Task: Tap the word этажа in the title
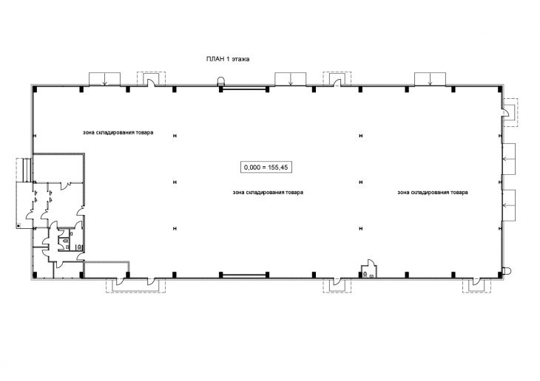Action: point(240,59)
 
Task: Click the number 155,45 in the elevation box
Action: point(277,168)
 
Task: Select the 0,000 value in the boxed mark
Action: point(252,168)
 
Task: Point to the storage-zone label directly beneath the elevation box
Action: point(268,192)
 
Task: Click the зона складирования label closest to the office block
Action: point(118,132)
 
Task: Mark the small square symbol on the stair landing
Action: point(18,226)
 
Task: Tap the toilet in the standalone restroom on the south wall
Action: point(365,274)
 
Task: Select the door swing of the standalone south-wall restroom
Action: point(371,263)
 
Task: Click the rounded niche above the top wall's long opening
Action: point(220,80)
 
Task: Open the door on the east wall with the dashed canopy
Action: point(505,112)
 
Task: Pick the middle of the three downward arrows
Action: point(291,80)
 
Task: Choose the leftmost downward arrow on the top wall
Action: point(105,80)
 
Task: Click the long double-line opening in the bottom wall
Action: point(245,275)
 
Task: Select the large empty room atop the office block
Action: point(58,168)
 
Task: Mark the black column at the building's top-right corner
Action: point(500,89)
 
